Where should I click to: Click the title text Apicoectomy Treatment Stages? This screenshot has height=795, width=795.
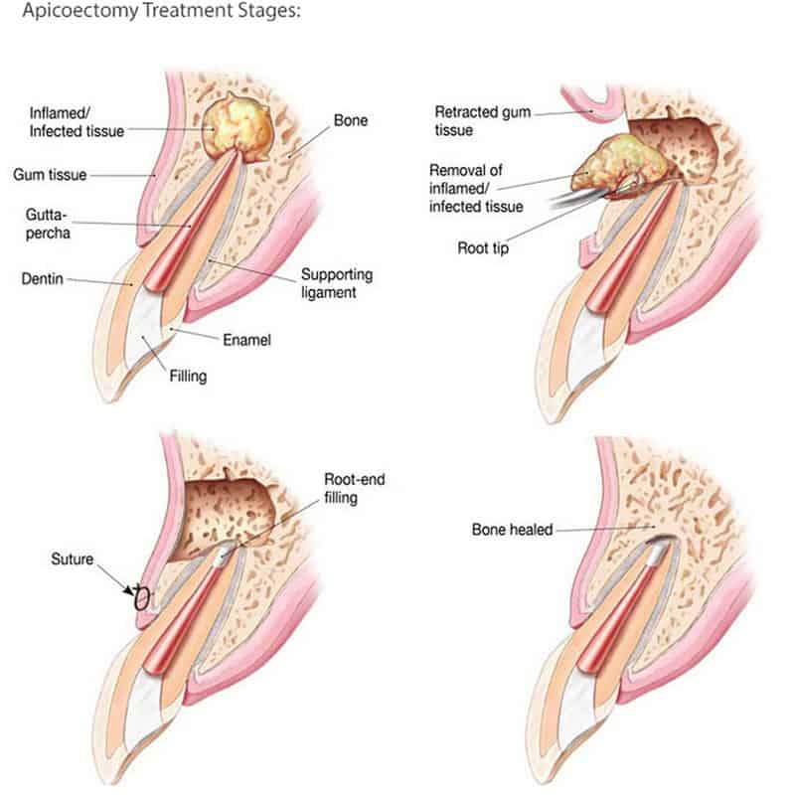[162, 11]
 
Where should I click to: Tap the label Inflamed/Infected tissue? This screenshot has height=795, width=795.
[77, 122]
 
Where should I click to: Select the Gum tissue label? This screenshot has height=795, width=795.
[50, 175]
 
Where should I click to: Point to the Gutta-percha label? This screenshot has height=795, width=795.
[47, 224]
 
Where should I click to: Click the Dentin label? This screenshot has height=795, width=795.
[42, 279]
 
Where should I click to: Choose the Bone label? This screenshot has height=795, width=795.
[351, 120]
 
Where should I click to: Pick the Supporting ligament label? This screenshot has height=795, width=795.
[337, 283]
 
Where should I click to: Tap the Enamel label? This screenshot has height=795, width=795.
[246, 340]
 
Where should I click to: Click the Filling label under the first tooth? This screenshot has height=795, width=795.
[188, 377]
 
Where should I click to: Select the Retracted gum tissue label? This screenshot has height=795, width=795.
[483, 120]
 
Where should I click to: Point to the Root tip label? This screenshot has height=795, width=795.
[483, 248]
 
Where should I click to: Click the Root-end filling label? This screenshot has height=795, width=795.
[355, 488]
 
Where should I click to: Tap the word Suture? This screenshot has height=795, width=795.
[72, 559]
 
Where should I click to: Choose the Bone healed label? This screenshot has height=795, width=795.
[512, 530]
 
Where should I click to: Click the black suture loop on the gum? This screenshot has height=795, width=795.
[141, 599]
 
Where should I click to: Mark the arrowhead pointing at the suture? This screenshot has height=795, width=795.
[129, 590]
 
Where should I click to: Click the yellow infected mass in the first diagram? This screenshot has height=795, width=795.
[236, 127]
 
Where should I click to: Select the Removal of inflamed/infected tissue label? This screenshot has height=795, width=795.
[476, 188]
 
